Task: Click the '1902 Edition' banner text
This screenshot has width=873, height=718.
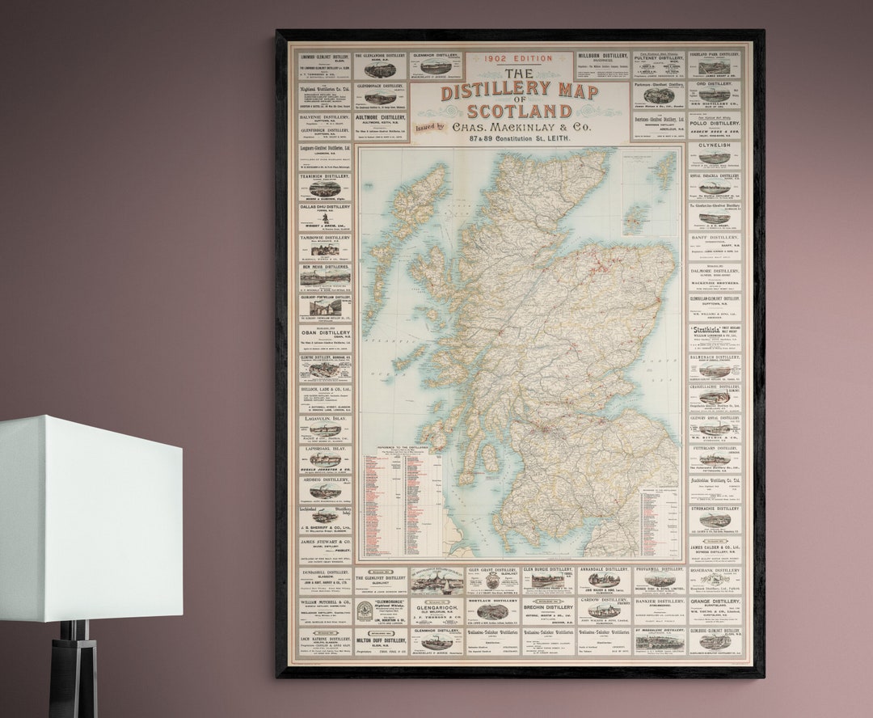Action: pos(519,58)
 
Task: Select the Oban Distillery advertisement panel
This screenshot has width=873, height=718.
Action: pos(325,339)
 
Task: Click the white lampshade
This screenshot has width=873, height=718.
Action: pos(91,517)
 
